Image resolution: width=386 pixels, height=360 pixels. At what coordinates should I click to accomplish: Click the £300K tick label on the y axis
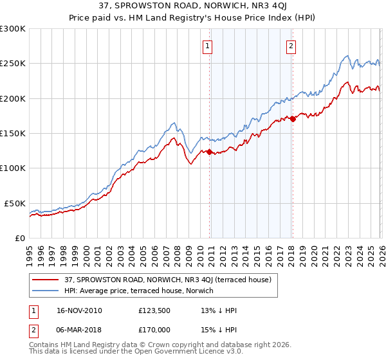click(x=13, y=29)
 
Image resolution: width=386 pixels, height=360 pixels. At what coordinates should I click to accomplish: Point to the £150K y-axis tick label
click(x=13, y=133)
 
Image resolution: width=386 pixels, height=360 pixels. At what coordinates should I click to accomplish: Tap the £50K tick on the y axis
click(x=15, y=203)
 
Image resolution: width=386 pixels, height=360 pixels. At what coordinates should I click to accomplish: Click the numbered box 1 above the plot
click(x=209, y=46)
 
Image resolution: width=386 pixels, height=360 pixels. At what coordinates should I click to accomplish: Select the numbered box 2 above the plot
click(x=291, y=46)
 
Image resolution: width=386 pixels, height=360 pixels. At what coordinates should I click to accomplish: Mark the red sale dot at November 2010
click(x=209, y=152)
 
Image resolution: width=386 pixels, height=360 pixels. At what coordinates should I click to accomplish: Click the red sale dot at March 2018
click(x=292, y=119)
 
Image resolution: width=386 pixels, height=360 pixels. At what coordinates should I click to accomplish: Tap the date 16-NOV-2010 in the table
click(x=79, y=310)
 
